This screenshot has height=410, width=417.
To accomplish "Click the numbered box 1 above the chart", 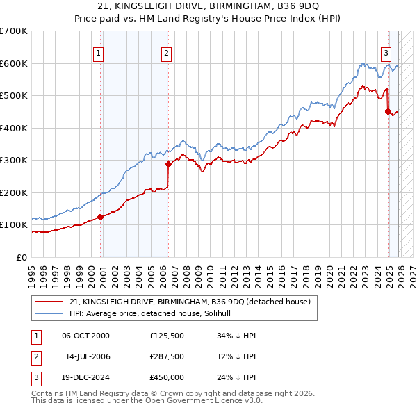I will (98, 52).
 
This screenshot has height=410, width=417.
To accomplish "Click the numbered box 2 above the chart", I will (167, 52).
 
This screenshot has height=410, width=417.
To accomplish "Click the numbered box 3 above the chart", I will (386, 52).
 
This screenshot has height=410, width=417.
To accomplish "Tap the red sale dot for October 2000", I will (101, 217).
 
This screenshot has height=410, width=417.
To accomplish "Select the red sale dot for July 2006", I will (168, 165).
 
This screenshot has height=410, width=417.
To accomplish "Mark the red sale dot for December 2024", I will (388, 112).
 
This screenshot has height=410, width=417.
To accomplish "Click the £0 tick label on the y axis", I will (21, 257).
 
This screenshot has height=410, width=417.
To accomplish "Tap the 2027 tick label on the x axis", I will (412, 275).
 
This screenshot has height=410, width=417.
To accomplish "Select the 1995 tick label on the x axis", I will (32, 275).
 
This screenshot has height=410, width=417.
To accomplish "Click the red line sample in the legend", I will (49, 302).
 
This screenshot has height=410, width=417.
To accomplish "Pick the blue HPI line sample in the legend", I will (49, 314).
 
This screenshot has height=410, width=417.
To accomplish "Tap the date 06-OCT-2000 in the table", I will (85, 336).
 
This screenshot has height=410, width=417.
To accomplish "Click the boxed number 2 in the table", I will (35, 356).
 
